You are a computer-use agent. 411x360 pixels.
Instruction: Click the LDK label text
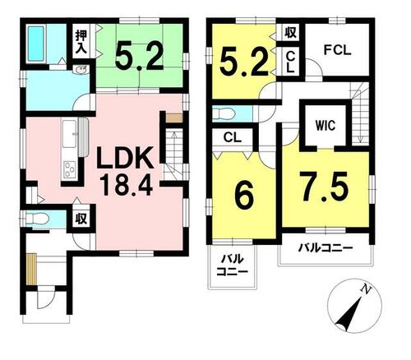click(125, 159)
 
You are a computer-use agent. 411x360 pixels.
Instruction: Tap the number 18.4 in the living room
click(127, 186)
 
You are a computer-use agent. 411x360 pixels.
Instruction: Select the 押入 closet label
click(81, 42)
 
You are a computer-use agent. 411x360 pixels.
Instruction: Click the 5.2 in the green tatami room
click(139, 57)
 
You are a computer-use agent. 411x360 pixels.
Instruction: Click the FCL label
click(337, 50)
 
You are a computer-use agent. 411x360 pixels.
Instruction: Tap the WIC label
click(326, 126)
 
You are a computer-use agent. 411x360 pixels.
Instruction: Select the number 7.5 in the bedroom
click(324, 187)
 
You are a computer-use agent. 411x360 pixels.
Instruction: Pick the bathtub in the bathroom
click(36, 44)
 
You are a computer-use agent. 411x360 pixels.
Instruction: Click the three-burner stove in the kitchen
click(70, 169)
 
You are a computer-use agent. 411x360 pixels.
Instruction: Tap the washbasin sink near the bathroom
click(81, 70)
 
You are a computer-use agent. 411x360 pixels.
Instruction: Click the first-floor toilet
click(37, 219)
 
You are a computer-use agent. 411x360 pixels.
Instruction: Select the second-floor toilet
click(224, 113)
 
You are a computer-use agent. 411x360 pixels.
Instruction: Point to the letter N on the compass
click(366, 288)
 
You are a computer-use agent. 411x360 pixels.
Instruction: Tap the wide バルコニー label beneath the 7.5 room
click(326, 248)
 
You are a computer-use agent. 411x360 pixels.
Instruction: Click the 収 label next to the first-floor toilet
click(81, 219)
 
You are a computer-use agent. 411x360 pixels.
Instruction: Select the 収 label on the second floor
click(290, 33)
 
